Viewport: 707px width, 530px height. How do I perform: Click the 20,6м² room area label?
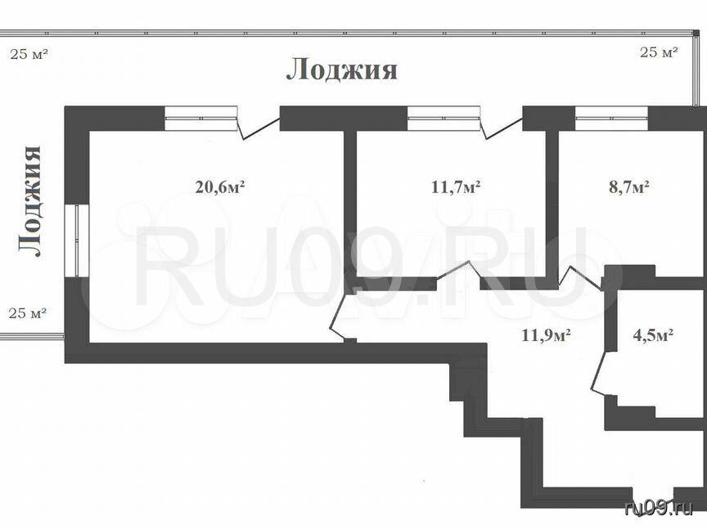click(219, 186)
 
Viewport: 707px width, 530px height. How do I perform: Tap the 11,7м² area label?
click(456, 186)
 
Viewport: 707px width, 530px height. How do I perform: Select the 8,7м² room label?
click(629, 186)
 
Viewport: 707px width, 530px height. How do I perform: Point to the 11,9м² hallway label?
click(547, 335)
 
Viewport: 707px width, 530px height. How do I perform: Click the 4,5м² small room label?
click(653, 335)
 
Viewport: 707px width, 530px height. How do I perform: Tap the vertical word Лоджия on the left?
click(30, 201)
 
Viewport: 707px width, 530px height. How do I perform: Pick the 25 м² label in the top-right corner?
click(659, 52)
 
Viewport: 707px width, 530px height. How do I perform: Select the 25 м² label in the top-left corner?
click(29, 55)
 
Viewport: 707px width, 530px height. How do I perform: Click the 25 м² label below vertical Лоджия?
click(28, 312)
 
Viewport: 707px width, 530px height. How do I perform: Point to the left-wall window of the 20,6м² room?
click(77, 240)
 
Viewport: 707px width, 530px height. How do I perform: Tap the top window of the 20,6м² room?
click(200, 118)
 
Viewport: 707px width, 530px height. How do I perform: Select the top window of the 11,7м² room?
click(444, 118)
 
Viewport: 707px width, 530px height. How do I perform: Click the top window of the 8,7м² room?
click(611, 118)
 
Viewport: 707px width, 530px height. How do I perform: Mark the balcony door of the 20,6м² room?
click(259, 125)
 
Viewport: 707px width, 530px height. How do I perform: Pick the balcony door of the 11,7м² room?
click(502, 125)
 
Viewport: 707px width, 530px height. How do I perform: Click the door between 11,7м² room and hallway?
click(459, 272)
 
